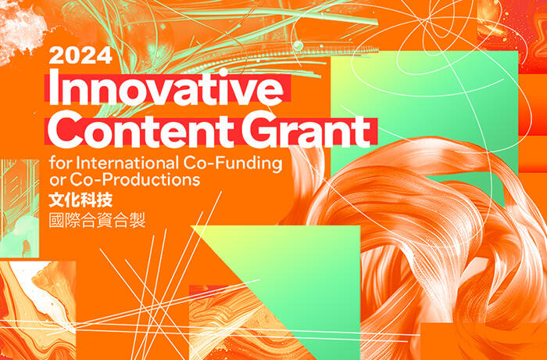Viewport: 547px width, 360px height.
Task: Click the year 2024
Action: [80, 56]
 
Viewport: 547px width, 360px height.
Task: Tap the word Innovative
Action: [166, 88]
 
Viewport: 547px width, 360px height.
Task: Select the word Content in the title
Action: [141, 128]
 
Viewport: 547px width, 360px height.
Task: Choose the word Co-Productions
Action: [135, 179]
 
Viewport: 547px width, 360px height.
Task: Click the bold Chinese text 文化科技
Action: [80, 200]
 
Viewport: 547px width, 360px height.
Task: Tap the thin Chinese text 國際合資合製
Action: [97, 221]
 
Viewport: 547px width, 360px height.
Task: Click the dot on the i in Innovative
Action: [223, 72]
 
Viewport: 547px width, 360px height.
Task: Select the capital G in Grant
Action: [259, 128]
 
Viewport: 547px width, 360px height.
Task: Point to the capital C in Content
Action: [65, 128]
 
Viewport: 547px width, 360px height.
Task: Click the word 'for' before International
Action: [60, 164]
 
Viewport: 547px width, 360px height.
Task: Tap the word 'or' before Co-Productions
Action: [58, 181]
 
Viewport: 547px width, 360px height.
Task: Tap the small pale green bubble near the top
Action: [298, 45]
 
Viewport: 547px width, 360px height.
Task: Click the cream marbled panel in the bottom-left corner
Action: [38, 311]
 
